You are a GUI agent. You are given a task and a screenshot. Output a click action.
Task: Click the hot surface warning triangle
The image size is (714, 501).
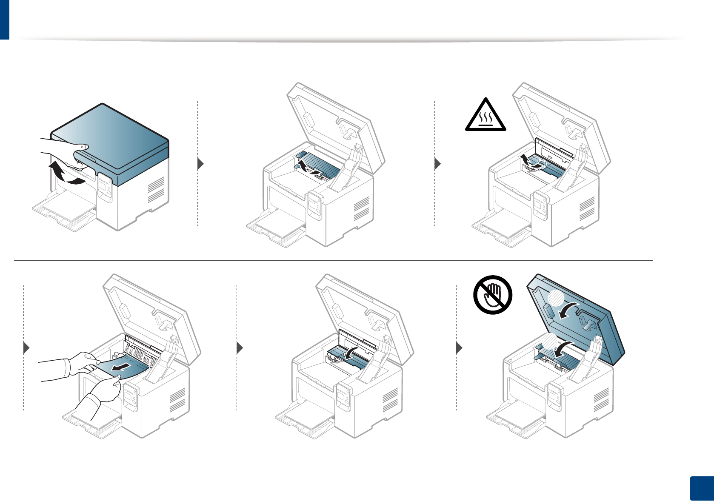(x=485, y=116)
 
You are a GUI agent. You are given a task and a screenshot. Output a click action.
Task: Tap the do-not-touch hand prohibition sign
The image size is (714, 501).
(x=493, y=294)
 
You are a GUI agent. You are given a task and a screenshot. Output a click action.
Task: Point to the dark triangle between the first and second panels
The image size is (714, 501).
(x=201, y=164)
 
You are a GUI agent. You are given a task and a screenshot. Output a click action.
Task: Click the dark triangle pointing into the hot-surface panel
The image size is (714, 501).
(x=437, y=164)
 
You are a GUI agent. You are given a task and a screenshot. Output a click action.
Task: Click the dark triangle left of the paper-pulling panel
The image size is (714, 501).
(x=26, y=348)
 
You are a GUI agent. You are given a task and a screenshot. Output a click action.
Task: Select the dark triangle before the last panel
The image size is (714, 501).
(x=459, y=348)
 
